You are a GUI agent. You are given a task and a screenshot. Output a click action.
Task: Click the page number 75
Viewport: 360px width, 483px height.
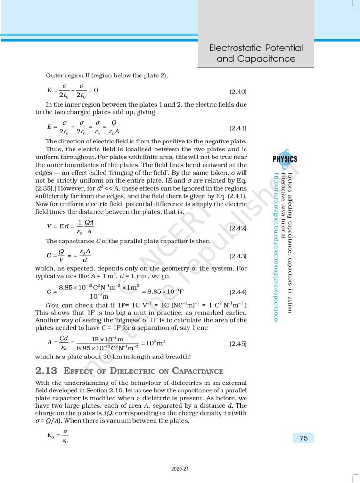[x=303, y=438]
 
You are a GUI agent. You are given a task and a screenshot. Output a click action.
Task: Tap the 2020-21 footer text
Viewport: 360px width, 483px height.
[x=180, y=469]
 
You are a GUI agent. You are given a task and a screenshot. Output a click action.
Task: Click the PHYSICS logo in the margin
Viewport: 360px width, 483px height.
[x=285, y=159]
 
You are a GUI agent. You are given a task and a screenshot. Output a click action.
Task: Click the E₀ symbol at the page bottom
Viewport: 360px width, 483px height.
[x=51, y=436]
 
